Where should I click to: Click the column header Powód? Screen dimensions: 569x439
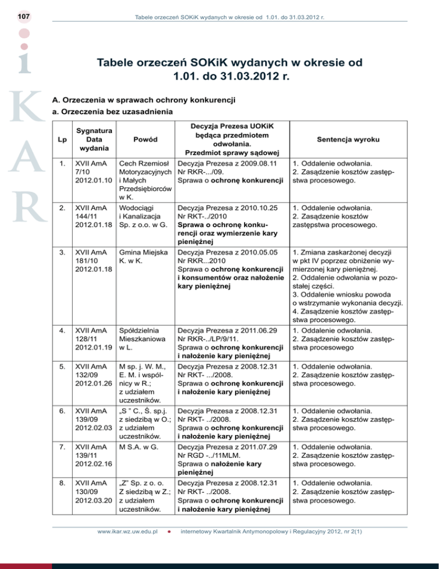(x=142, y=139)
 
